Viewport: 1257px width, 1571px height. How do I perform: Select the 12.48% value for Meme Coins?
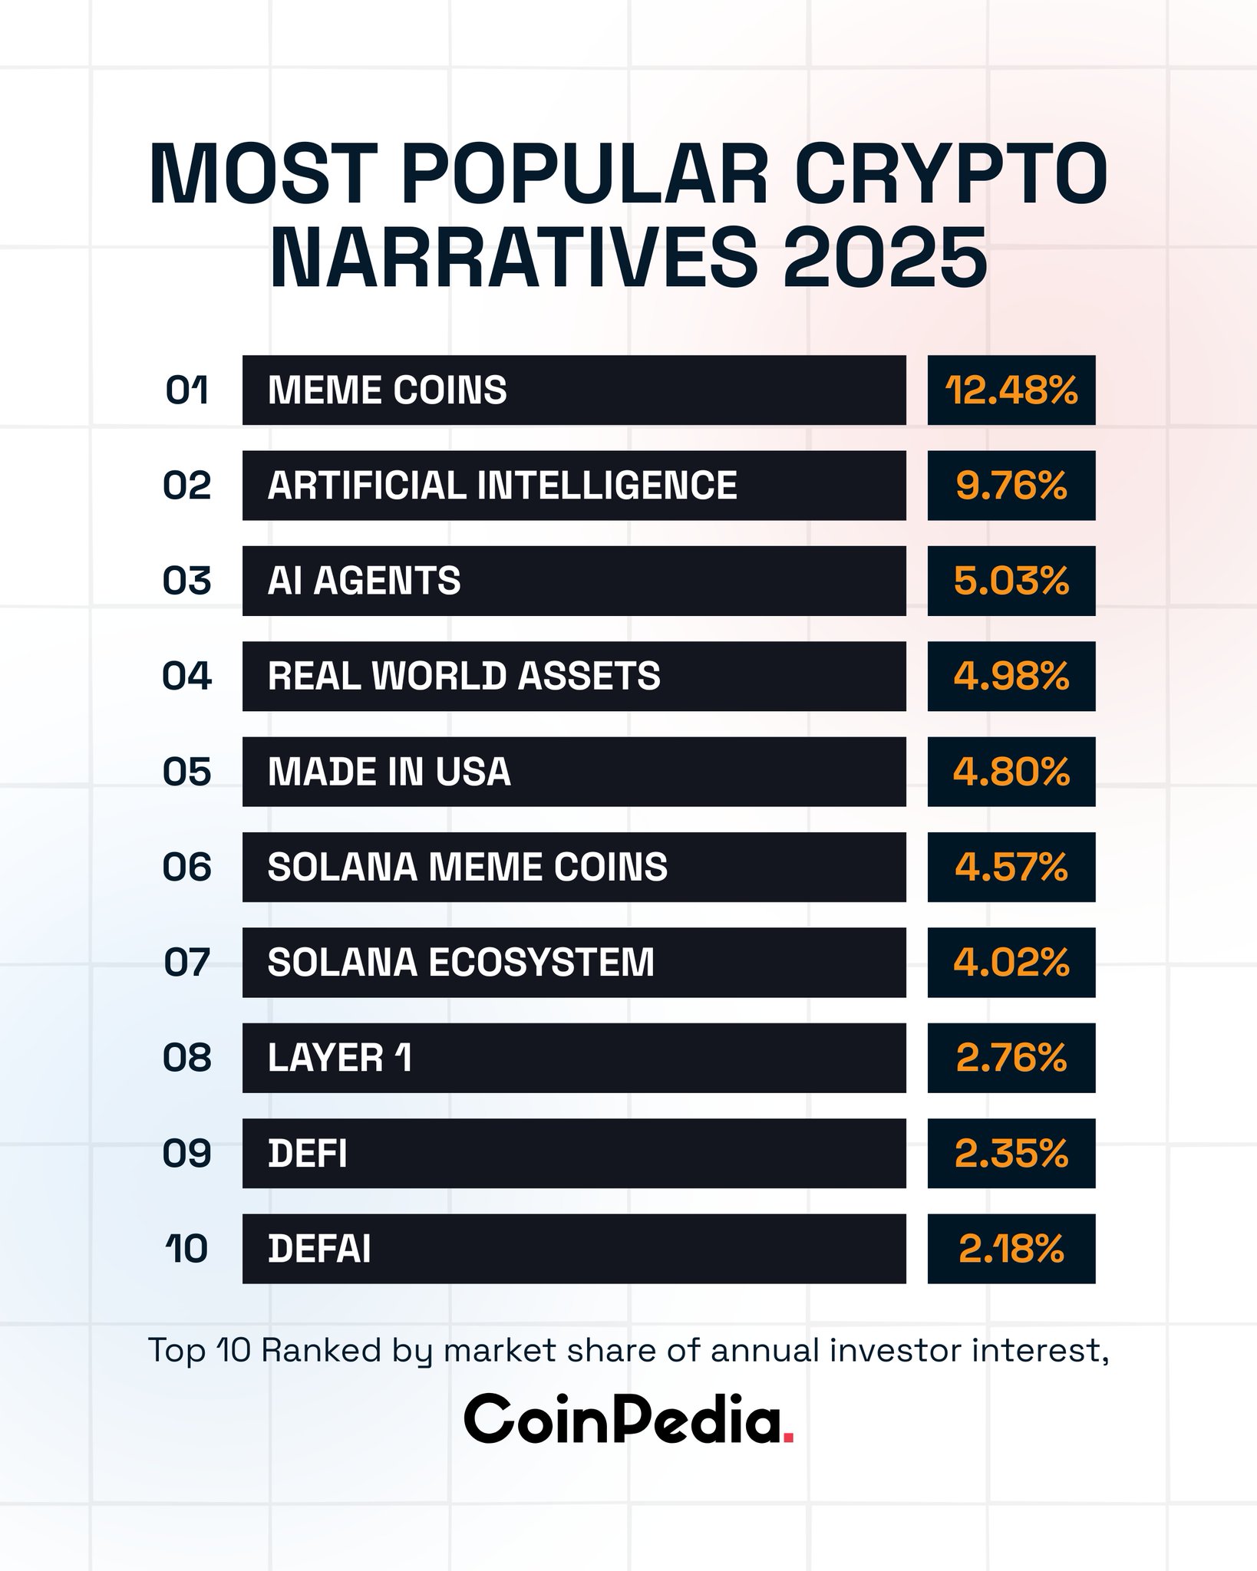pyautogui.click(x=1011, y=390)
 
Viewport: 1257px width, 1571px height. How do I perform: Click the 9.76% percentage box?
pyautogui.click(x=1011, y=486)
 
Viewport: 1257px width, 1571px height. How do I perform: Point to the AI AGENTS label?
pyautogui.click(x=364, y=581)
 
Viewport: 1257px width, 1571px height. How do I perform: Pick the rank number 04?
pyautogui.click(x=187, y=677)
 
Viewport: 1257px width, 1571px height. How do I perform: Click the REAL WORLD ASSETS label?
pyautogui.click(x=464, y=677)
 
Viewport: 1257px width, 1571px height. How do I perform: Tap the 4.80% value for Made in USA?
pyautogui.click(x=1011, y=772)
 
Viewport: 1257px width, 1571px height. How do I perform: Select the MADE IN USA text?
pyautogui.click(x=389, y=772)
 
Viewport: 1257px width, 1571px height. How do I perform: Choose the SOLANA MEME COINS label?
pyautogui.click(x=467, y=867)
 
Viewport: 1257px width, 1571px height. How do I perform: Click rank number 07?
pyautogui.click(x=187, y=963)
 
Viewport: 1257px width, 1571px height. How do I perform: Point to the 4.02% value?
pyautogui.click(x=1011, y=963)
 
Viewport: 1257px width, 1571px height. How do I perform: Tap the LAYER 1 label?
pyautogui.click(x=339, y=1058)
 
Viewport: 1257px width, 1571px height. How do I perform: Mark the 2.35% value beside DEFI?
pyautogui.click(x=1011, y=1153)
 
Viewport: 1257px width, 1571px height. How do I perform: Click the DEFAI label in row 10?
pyautogui.click(x=319, y=1249)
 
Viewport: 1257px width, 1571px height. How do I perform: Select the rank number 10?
pyautogui.click(x=187, y=1249)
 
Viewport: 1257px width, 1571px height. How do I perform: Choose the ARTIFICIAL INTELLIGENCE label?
pyautogui.click(x=502, y=486)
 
